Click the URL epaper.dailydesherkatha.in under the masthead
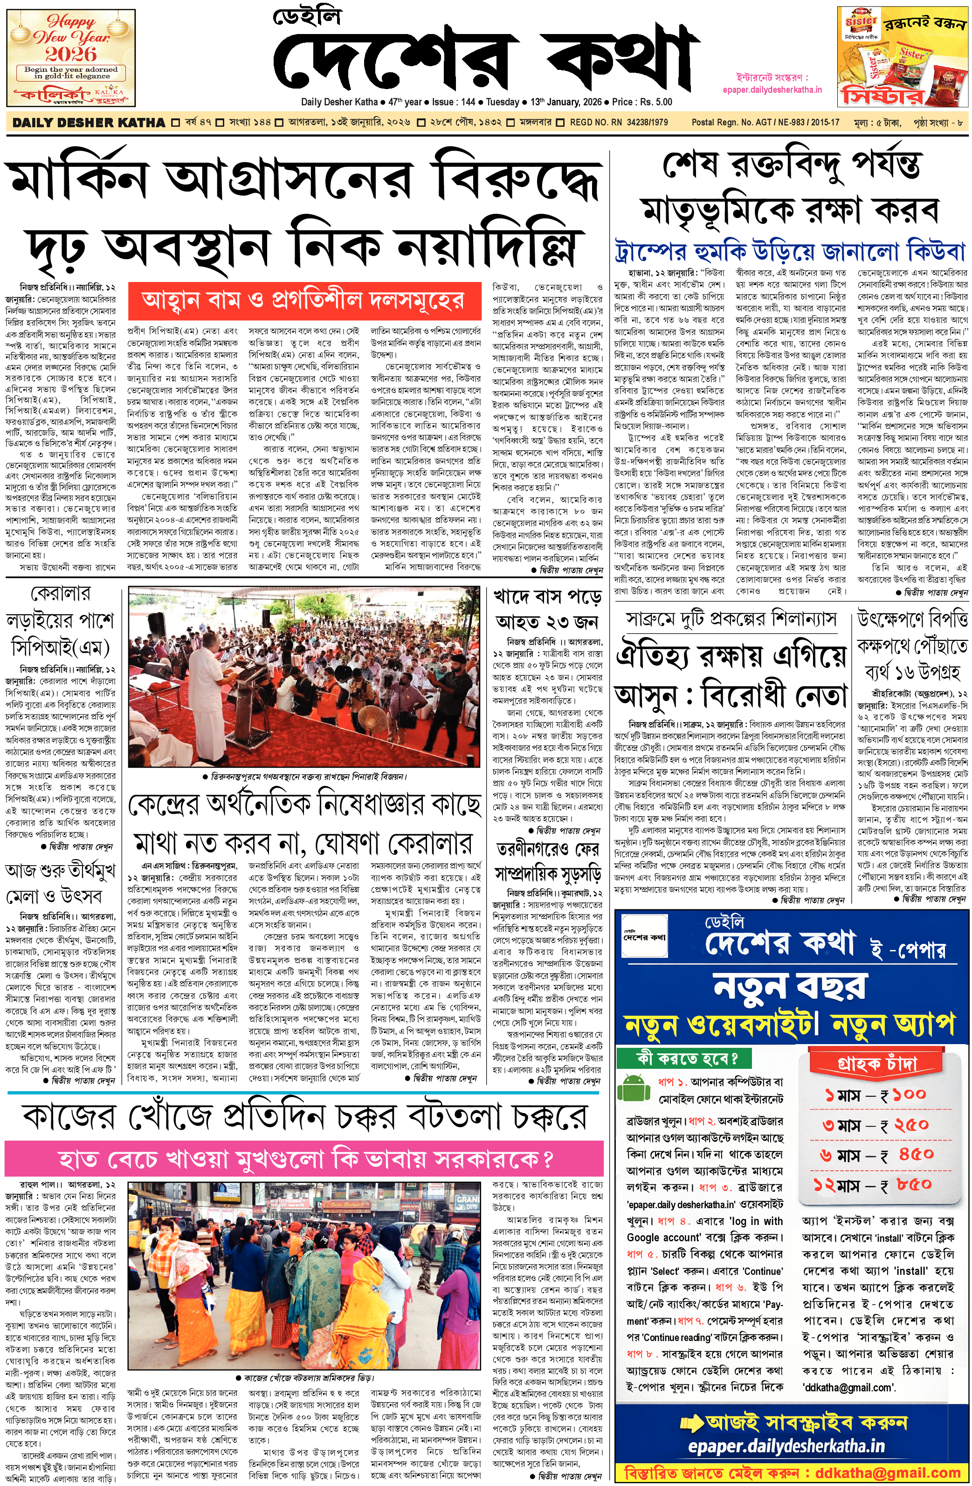pyautogui.click(x=772, y=89)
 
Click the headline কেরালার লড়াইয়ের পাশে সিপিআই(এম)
pyautogui.click(x=61, y=621)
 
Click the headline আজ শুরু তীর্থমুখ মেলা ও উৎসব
pyautogui.click(x=61, y=883)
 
